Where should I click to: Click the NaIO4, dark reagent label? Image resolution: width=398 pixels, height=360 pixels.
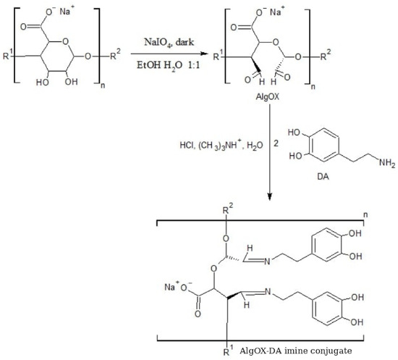(169, 42)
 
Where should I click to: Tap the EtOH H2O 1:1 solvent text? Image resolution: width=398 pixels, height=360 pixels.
(169, 65)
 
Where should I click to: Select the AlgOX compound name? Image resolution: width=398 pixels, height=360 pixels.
(267, 97)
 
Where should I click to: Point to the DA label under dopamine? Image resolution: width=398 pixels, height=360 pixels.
(323, 176)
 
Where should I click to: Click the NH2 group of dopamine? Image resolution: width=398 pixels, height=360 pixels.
(387, 162)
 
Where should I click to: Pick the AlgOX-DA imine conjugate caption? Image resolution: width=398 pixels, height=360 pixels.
(296, 351)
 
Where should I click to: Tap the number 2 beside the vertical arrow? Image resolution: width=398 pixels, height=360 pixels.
(276, 143)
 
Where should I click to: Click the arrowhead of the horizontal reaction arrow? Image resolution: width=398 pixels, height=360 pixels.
(203, 54)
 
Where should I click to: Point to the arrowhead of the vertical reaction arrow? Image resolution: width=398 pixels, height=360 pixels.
(270, 196)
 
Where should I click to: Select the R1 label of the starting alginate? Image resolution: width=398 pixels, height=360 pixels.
(7, 55)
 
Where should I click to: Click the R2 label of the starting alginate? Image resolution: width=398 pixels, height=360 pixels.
(115, 54)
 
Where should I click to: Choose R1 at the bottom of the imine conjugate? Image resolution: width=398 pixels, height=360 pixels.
(228, 351)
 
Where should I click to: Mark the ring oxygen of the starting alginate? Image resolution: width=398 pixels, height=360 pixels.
(65, 41)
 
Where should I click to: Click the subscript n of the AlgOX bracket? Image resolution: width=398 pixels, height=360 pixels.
(313, 87)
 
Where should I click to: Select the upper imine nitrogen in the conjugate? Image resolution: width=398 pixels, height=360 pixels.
(267, 261)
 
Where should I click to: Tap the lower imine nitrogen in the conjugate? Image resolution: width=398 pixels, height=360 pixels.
(268, 292)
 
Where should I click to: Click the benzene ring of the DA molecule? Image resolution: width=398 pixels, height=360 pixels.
(324, 145)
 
